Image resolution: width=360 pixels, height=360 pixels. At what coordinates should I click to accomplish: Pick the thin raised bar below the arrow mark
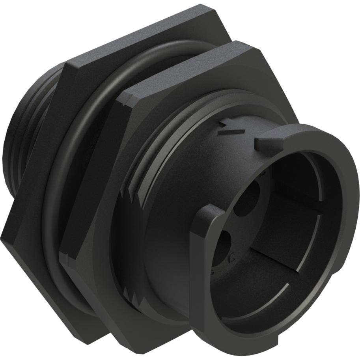coord(230,132)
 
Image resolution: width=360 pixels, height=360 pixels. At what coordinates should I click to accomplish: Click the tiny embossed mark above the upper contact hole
coord(262,173)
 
